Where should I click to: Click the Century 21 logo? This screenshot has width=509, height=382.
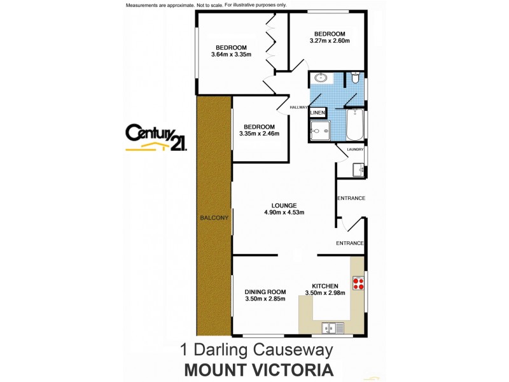(x=156, y=137)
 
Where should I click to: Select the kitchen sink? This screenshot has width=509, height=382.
(x=332, y=329)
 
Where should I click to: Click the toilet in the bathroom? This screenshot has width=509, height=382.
(x=355, y=78)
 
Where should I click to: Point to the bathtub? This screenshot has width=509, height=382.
(x=356, y=125)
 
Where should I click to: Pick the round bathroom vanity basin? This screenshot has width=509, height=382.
(x=320, y=78)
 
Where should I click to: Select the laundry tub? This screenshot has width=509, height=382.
(x=359, y=169)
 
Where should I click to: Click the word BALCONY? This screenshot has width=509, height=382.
(x=214, y=218)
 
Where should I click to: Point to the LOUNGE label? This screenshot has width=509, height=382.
(x=284, y=205)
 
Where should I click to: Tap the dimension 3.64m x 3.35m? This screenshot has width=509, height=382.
(x=231, y=55)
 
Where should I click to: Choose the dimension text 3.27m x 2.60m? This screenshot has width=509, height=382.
(x=330, y=41)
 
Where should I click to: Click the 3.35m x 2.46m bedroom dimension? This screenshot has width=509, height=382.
(x=259, y=134)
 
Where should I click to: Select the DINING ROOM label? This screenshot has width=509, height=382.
(x=265, y=292)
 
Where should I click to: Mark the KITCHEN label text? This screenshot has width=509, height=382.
(x=324, y=286)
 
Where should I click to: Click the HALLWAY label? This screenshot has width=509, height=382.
(x=299, y=108)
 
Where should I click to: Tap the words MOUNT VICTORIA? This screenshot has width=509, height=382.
(x=258, y=370)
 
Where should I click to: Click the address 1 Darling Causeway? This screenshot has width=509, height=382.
(x=256, y=350)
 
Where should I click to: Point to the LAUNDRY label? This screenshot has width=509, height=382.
(x=355, y=150)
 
